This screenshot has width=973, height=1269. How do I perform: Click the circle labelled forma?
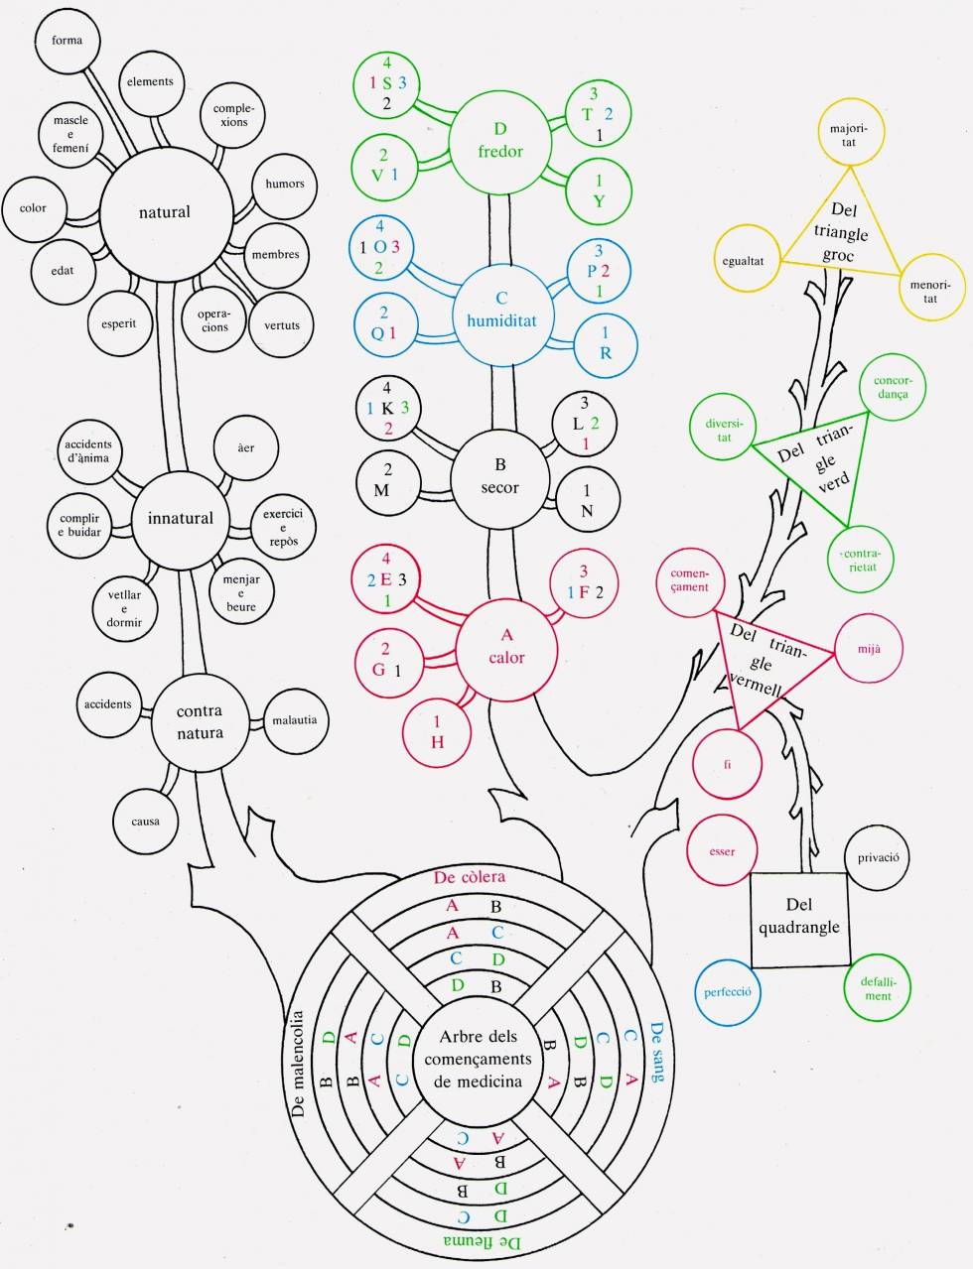[68, 41]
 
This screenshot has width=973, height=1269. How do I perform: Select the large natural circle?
[165, 211]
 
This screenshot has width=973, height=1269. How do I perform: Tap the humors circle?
[285, 184]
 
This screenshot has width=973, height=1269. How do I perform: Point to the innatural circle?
[180, 518]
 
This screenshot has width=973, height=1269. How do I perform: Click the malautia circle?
[295, 719]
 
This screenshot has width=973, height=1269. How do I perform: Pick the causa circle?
[145, 821]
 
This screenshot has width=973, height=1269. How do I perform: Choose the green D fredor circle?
[499, 140]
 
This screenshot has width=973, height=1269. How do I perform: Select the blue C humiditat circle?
[501, 310]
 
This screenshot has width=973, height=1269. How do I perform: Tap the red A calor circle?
[506, 647]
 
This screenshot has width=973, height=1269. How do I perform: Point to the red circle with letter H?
[437, 732]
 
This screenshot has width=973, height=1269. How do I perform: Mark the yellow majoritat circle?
[849, 135]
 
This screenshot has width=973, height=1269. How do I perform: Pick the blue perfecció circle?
[727, 991]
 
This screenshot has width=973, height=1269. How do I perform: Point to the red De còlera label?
[470, 877]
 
